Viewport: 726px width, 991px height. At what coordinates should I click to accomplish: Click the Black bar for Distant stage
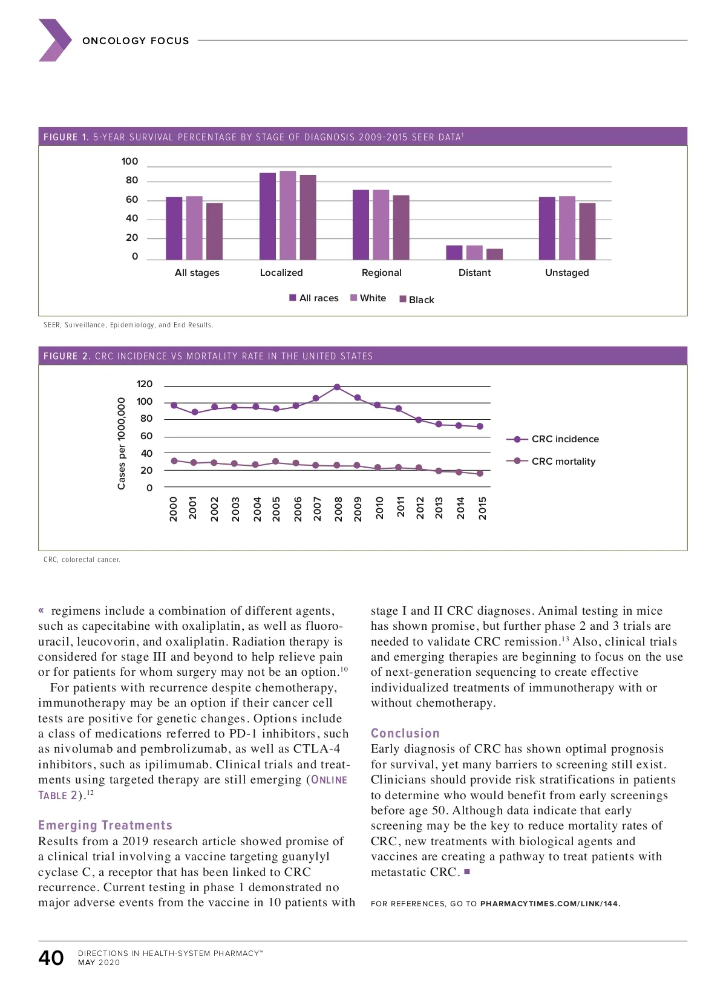494,254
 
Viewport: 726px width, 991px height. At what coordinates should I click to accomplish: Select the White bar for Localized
288,216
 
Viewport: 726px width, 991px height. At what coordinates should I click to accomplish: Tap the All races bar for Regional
361,224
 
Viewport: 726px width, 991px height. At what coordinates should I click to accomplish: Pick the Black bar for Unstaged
587,231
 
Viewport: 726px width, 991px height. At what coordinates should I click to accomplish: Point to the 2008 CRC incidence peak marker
337,387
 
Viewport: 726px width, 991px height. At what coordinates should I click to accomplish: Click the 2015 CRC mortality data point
480,474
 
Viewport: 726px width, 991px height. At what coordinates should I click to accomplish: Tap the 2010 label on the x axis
379,508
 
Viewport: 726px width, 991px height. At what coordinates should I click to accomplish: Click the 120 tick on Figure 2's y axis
145,384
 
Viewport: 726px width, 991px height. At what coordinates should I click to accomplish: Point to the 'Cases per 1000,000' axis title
122,443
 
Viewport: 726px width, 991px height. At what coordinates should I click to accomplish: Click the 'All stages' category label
197,273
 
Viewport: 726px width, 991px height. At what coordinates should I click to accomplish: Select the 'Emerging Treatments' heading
105,825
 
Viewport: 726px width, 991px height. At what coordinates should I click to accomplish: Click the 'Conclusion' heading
405,733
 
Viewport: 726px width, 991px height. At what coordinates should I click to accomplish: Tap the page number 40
51,958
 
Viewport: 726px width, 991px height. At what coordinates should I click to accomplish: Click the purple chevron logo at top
55,40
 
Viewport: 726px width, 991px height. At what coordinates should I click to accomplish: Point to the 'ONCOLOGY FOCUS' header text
136,41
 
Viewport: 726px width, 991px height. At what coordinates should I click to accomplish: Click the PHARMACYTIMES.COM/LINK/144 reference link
549,904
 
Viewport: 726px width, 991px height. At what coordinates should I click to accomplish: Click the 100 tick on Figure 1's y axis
129,162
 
